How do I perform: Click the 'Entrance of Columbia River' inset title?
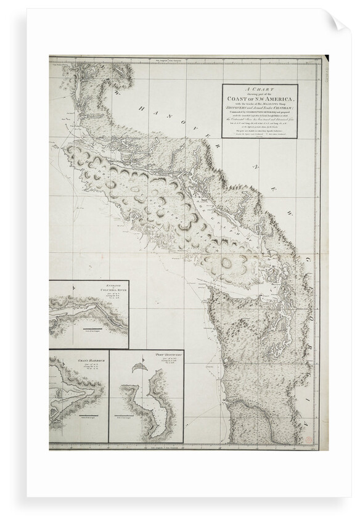[x=111, y=287]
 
